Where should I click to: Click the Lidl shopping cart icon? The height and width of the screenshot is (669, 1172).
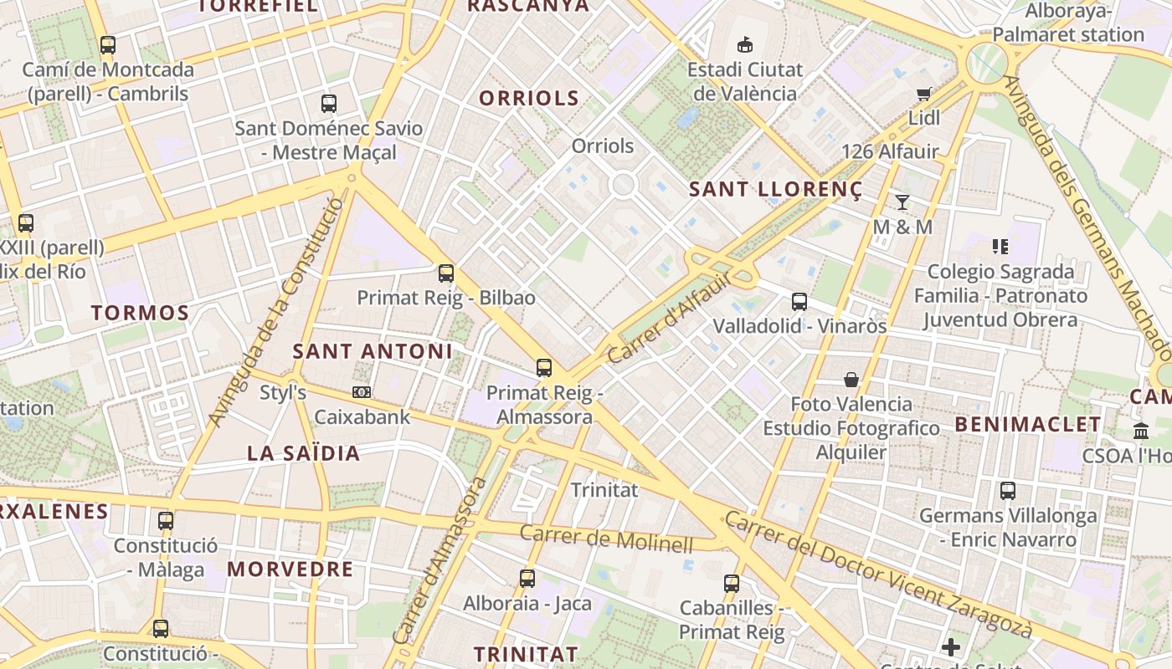pyautogui.click(x=923, y=94)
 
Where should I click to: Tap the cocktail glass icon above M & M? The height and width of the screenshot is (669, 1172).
pyautogui.click(x=902, y=202)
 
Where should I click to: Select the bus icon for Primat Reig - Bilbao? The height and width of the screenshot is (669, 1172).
pyautogui.click(x=445, y=273)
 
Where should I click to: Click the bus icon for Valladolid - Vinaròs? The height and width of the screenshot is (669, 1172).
pyautogui.click(x=799, y=301)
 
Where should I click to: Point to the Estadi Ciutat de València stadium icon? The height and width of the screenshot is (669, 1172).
pyautogui.click(x=744, y=44)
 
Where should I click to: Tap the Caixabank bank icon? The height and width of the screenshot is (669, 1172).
pyautogui.click(x=362, y=391)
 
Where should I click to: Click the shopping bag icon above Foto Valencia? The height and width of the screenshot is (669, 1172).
pyautogui.click(x=851, y=380)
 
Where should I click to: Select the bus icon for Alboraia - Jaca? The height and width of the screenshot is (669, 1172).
pyautogui.click(x=527, y=578)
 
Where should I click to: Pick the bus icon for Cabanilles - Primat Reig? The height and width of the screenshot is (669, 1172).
pyautogui.click(x=731, y=584)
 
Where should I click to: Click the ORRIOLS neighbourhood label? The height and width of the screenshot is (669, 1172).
pyautogui.click(x=529, y=98)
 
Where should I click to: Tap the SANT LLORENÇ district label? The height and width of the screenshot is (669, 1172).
pyautogui.click(x=775, y=190)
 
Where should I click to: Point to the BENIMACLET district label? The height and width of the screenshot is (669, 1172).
pyautogui.click(x=1028, y=424)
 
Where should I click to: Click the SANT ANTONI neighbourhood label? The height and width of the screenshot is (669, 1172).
pyautogui.click(x=373, y=351)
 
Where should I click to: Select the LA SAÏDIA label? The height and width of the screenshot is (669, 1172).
pyautogui.click(x=303, y=453)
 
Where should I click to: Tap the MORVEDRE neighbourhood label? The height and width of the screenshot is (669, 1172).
pyautogui.click(x=290, y=569)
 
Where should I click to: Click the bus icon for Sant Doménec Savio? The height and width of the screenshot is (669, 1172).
pyautogui.click(x=329, y=104)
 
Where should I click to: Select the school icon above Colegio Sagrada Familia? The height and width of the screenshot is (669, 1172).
pyautogui.click(x=1000, y=246)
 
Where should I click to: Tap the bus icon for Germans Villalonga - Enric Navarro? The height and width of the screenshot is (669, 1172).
pyautogui.click(x=1008, y=491)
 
